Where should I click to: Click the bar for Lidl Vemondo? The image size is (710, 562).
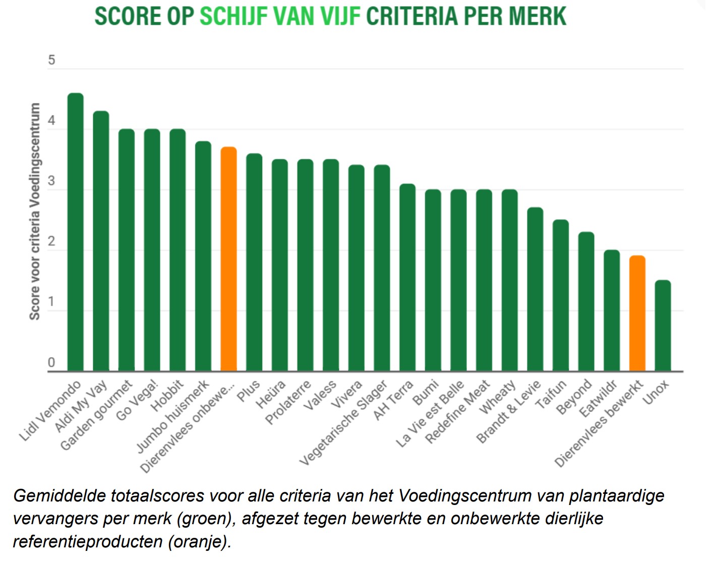76,232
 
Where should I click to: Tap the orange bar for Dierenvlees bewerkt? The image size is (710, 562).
637,313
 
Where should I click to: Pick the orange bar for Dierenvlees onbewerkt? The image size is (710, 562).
228,259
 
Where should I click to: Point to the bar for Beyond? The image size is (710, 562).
586,301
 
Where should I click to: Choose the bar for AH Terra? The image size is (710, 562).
407,277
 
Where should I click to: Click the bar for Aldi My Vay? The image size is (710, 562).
101,241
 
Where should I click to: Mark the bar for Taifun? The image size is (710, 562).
561,295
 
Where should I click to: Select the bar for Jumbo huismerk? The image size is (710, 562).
203,256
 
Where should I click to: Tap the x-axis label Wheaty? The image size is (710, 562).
498,397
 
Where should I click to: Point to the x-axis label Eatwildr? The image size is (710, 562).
599,399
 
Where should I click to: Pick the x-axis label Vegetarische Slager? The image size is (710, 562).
344,423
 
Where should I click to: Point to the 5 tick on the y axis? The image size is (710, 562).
51,61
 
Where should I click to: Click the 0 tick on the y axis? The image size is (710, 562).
51,362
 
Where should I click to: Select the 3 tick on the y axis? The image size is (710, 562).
51,182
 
